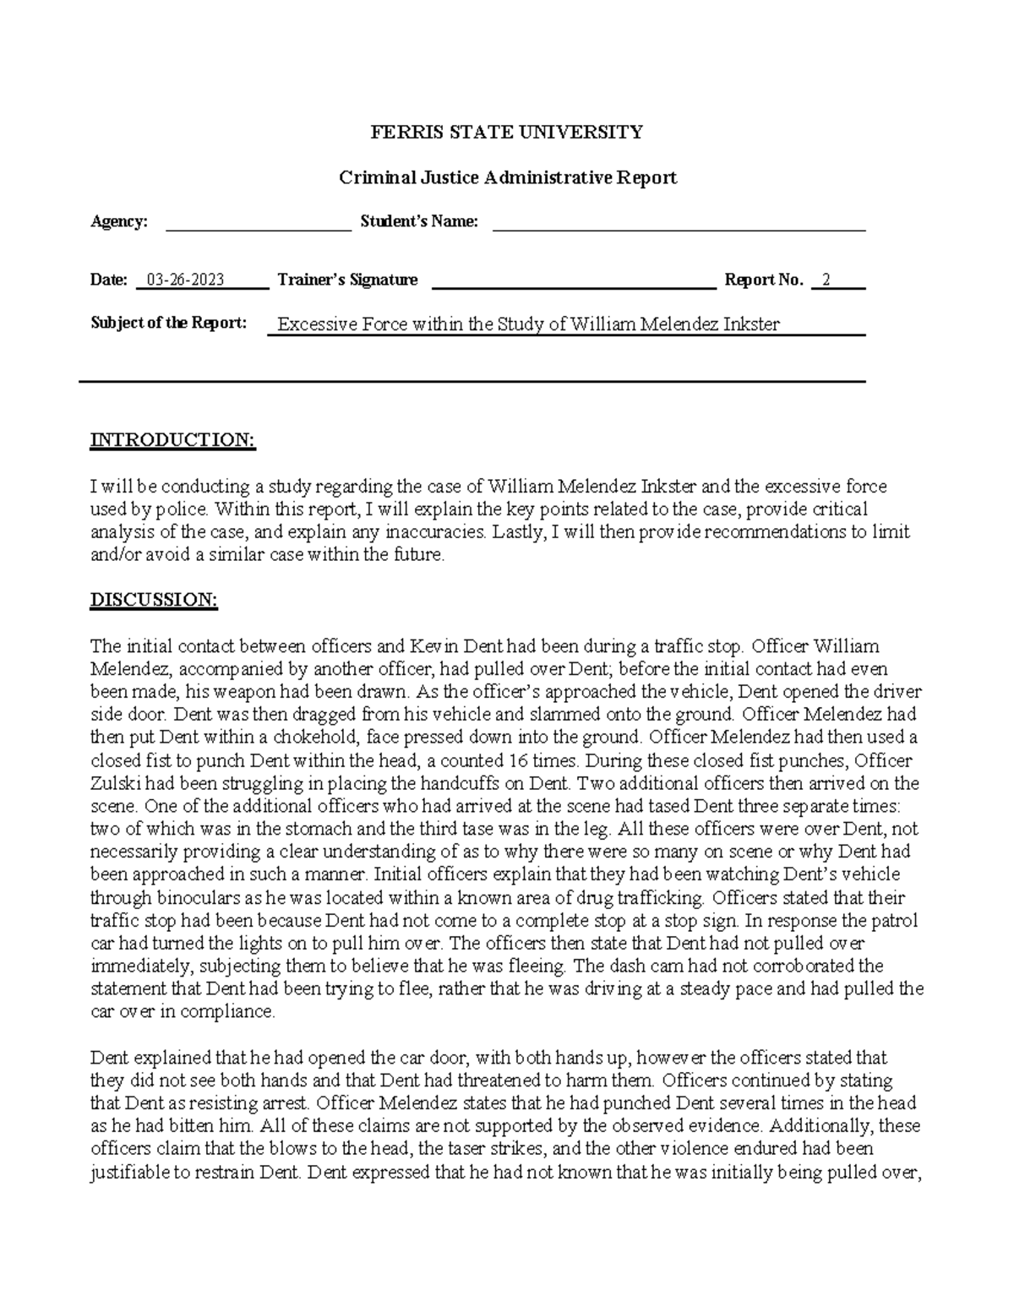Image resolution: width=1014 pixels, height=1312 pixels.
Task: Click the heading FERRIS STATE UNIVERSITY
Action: [x=507, y=132]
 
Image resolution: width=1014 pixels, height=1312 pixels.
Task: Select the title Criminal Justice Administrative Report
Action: [x=507, y=177]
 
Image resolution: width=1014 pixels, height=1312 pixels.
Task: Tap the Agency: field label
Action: [x=119, y=221]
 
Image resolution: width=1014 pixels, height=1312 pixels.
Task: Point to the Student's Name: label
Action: [x=419, y=221]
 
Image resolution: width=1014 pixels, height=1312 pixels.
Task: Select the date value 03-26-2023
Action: [x=185, y=280]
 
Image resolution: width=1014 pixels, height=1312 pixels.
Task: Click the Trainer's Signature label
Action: [x=347, y=280]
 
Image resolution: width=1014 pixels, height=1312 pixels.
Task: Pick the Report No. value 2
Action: [x=826, y=280]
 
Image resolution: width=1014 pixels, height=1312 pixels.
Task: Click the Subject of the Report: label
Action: [x=169, y=324]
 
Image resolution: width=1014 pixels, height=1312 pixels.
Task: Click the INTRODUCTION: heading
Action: [x=172, y=440]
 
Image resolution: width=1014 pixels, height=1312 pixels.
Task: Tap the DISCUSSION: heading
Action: [x=154, y=600]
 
